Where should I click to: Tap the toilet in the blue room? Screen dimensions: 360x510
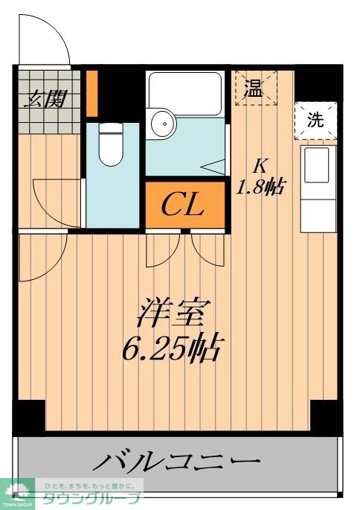111,144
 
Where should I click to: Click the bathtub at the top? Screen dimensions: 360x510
185,93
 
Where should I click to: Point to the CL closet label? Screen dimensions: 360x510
182,205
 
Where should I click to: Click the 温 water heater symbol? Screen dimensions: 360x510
256,88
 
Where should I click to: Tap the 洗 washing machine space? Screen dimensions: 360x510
316,121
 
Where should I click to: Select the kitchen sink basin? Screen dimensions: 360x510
317,165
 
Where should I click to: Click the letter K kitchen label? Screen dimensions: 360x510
260,167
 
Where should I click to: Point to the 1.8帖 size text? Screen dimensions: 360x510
260,187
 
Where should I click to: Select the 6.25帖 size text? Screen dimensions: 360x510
173,348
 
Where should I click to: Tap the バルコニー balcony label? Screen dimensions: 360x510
177,460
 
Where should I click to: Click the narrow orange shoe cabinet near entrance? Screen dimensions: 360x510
92,93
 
